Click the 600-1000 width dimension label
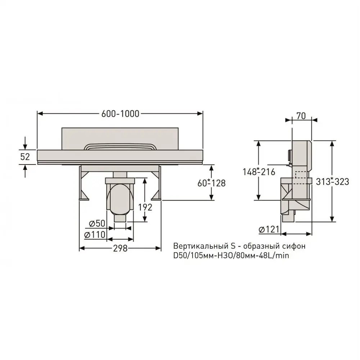120,114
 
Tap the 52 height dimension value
25,157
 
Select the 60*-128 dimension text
211,183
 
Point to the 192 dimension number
145,207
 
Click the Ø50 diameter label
97,223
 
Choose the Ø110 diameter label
95,235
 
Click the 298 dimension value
120,248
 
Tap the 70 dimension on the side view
301,116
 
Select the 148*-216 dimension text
259,172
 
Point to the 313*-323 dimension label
332,181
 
